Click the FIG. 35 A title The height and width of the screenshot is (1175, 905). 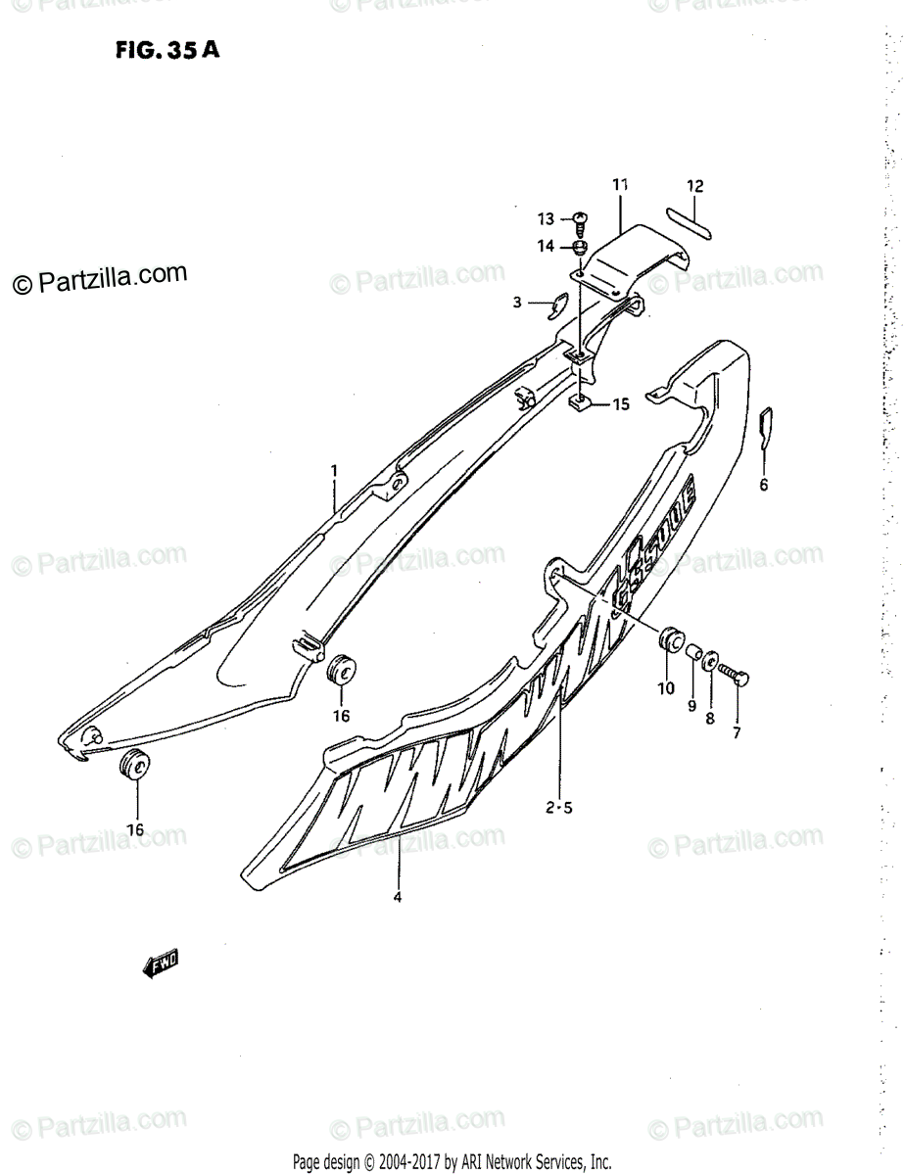165,51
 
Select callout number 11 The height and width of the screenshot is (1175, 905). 620,184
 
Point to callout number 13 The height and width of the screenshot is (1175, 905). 545,218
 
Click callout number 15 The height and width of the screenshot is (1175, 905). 621,403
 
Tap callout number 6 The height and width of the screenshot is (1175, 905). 764,484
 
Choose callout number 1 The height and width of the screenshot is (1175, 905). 333,471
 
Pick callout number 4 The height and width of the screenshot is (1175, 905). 398,896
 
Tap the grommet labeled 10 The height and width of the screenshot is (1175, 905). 670,640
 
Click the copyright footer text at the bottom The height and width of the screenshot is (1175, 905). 452,1163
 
